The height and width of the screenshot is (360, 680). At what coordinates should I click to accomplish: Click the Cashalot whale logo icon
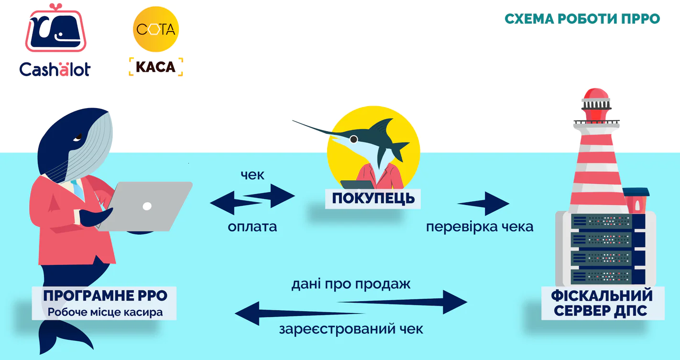55,30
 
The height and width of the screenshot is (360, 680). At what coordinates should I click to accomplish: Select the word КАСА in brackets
156,67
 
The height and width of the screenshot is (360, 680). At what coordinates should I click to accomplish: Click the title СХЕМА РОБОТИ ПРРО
582,19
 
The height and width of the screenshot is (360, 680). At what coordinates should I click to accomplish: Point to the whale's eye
78,138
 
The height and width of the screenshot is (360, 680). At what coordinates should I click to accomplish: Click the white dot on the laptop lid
147,206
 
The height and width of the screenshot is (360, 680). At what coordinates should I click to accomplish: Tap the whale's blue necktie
77,189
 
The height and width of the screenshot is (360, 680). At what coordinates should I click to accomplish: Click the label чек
252,175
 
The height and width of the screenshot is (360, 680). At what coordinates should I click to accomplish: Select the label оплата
252,226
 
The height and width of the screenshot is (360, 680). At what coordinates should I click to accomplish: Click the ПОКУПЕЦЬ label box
373,198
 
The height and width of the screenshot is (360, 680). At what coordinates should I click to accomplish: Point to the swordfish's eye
353,139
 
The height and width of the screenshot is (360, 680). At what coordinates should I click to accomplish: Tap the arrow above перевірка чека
484,204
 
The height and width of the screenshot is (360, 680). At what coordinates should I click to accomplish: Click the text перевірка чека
480,226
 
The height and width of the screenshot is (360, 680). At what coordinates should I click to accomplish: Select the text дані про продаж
351,284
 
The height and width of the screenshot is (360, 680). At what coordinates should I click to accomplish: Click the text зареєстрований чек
351,329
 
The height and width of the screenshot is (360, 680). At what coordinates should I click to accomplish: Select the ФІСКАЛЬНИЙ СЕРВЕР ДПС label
603,303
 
